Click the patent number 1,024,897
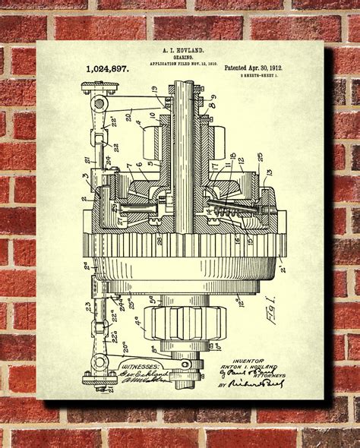tap(107, 68)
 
